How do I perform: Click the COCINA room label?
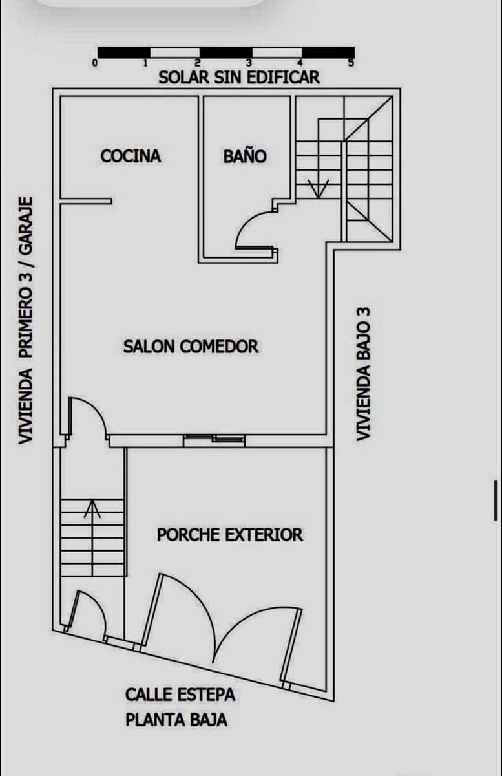click(131, 156)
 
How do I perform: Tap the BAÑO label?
click(245, 156)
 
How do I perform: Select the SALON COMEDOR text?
click(191, 347)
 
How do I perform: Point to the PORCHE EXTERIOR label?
click(230, 535)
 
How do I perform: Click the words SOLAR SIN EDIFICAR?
click(239, 77)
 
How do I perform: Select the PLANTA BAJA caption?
click(176, 720)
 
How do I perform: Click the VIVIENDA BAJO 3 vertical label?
click(364, 374)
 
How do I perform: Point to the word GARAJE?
click(26, 226)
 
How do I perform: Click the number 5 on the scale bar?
click(351, 63)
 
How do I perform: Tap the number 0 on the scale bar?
click(95, 63)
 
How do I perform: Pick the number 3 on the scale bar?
click(249, 63)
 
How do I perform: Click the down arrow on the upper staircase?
click(319, 189)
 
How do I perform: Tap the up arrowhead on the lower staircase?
click(92, 508)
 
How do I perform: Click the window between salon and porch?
click(214, 440)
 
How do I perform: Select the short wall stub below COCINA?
click(86, 201)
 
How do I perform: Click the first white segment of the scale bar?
click(175, 52)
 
